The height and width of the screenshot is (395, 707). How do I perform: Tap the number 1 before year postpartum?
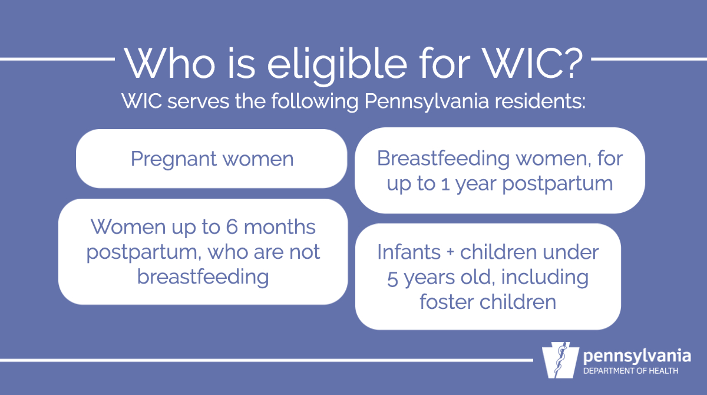click(x=450, y=183)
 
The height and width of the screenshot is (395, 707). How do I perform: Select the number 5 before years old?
click(x=393, y=277)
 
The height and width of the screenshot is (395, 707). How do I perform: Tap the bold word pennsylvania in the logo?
click(x=636, y=357)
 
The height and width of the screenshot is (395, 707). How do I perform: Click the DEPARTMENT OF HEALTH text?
click(x=630, y=371)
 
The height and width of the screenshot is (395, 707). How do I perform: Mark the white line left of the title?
click(x=56, y=59)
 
